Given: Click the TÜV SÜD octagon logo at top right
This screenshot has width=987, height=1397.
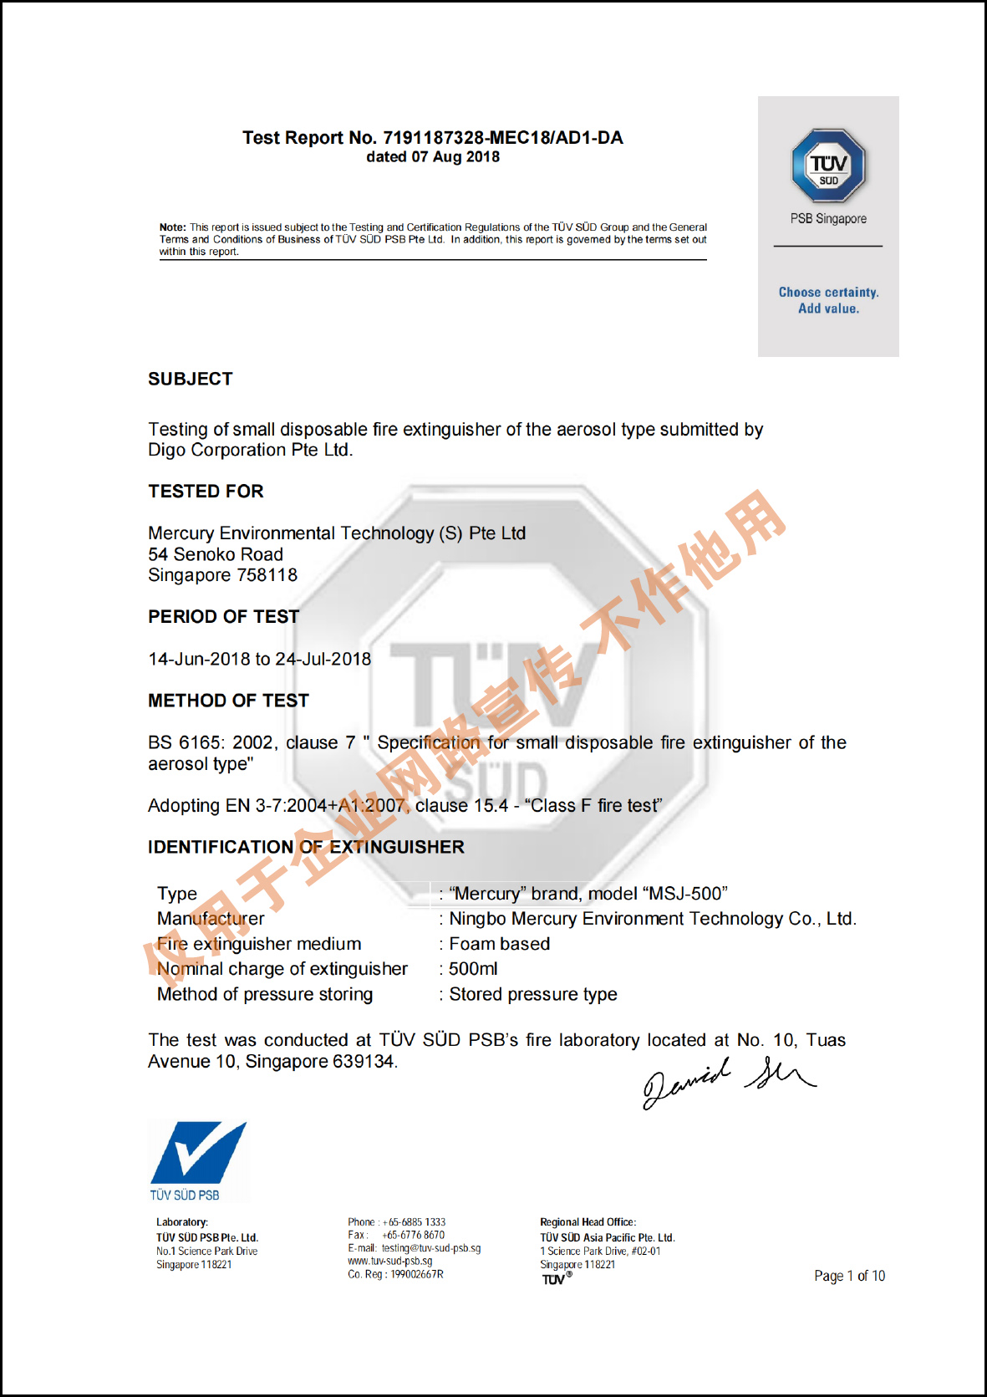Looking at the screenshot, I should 828,166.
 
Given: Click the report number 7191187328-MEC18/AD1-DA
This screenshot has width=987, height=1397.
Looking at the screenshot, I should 502,138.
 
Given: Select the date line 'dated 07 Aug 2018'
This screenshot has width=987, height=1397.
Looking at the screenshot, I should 433,157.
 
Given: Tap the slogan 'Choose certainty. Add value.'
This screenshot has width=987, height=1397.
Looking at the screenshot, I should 828,300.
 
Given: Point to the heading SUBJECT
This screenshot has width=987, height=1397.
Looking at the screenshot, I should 191,380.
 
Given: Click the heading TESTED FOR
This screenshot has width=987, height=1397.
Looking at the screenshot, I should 206,492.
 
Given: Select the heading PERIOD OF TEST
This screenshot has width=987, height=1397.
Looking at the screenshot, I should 223,617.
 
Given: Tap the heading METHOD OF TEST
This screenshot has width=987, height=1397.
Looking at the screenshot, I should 228,701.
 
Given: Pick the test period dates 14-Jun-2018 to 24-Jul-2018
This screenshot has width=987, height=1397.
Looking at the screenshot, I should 259,659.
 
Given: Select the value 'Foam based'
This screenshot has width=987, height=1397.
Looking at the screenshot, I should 500,944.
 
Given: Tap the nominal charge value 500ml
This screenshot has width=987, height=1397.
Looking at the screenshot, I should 473,969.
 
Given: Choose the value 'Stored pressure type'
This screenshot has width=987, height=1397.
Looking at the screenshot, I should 533,994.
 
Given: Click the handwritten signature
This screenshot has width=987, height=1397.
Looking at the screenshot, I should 727,1081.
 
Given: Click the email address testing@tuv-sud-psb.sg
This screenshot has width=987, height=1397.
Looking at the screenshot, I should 431,1248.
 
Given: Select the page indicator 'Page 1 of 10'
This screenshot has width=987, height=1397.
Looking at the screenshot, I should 849,1276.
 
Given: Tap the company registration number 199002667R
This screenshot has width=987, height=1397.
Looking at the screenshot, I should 417,1274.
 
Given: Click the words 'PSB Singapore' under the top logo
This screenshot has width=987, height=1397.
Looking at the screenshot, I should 828,219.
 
